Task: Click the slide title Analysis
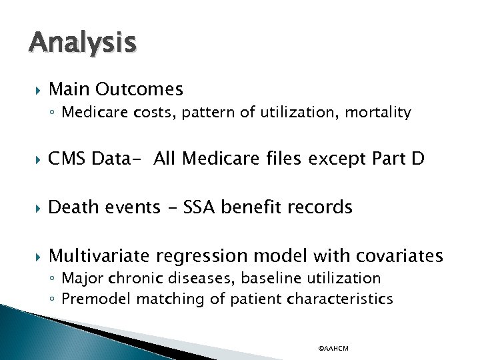[x=83, y=43]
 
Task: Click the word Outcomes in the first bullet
[x=139, y=89]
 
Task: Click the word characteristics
[x=340, y=299]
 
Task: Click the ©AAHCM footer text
[x=333, y=348]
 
